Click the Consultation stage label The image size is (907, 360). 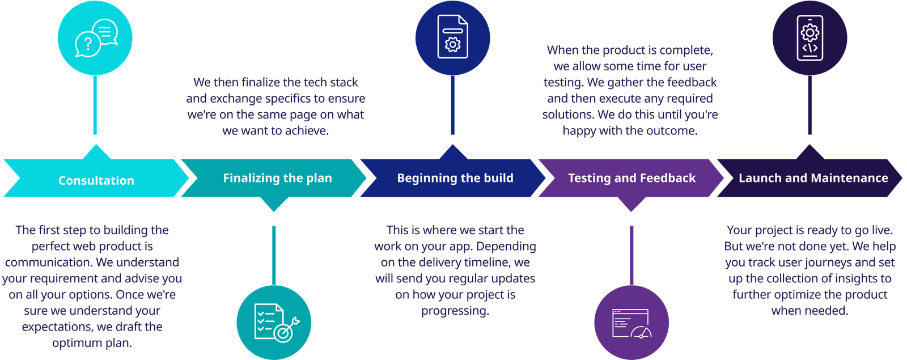tap(96, 180)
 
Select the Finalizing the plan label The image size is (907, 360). tap(277, 178)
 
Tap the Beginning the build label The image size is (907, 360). tap(455, 178)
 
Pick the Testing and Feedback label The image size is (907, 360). tap(631, 178)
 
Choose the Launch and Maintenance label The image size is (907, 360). tap(813, 178)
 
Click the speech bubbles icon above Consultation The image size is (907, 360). tap(95, 39)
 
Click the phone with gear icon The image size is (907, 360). tap(809, 38)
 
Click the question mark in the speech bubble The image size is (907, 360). tap(87, 44)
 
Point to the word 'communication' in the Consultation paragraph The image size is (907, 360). tap(49, 262)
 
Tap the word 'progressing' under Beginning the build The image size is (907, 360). tap(455, 311)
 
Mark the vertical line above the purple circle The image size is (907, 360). tap(631, 255)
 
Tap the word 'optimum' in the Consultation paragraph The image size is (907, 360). tap(73, 343)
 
